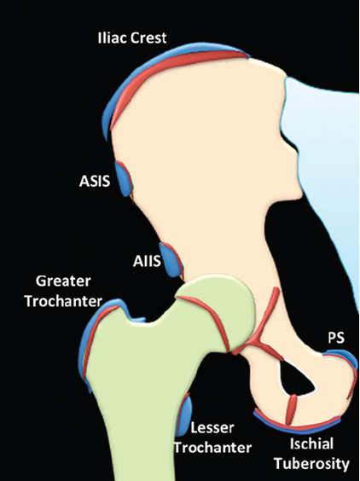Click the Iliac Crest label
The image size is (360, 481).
132,38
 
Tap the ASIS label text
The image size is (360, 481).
95,181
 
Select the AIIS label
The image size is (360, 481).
147,261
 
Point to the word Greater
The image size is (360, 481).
63,281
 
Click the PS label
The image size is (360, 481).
336,338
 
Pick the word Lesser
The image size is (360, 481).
212,427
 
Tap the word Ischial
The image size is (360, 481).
312,443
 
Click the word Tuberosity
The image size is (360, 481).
312,463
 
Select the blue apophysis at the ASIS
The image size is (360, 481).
123,178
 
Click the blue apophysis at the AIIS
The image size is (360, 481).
169,259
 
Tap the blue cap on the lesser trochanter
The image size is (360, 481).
185,416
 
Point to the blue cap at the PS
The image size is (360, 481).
344,357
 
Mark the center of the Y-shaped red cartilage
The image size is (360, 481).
257,342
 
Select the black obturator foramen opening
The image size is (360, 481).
294,379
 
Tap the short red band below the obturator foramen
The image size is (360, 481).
291,409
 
